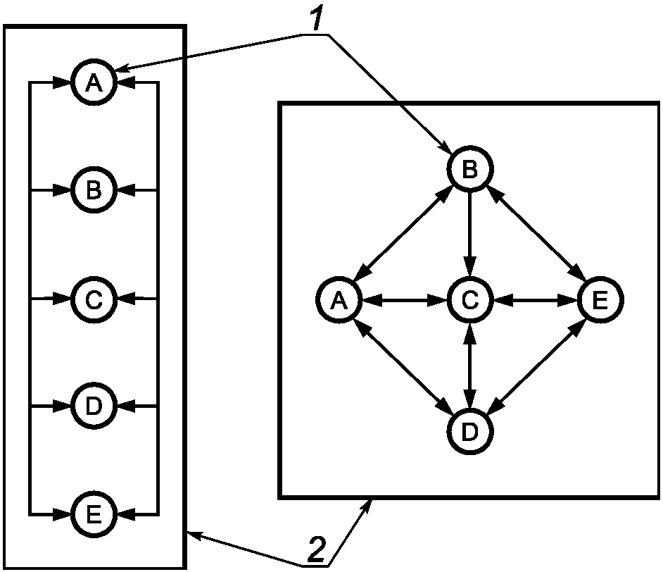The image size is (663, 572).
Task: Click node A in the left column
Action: [94, 82]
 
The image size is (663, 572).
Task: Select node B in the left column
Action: [94, 190]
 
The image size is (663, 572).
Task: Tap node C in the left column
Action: [94, 299]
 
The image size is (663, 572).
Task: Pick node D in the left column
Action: [94, 406]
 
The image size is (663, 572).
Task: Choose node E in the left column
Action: [94, 514]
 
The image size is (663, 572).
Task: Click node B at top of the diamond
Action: [469, 169]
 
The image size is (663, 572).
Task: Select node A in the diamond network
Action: [339, 300]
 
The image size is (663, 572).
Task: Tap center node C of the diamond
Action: [469, 300]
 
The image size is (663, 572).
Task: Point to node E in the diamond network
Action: [601, 300]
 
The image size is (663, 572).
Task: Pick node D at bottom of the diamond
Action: [469, 432]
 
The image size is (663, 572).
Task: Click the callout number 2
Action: [317, 550]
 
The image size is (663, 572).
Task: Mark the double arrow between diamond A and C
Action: [404, 300]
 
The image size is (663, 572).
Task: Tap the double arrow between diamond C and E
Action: [536, 300]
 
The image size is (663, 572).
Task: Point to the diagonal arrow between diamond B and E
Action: [536, 234]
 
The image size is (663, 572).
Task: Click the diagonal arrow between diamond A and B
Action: [403, 234]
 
